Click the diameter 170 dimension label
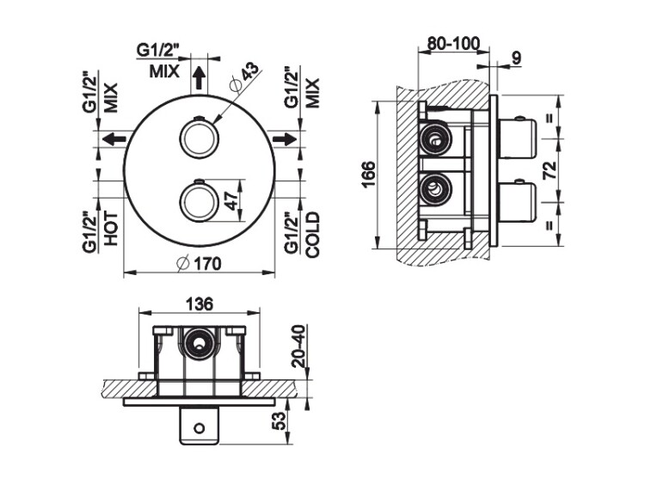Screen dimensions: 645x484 click(199, 264)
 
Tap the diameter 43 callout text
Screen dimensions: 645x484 click(246, 77)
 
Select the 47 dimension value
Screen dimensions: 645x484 click(232, 200)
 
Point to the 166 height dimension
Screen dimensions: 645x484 click(368, 175)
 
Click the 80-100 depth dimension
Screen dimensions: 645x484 click(453, 43)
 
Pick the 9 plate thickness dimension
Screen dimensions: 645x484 click(516, 58)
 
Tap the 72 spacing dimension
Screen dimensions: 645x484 click(550, 169)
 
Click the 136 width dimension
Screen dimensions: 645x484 click(200, 304)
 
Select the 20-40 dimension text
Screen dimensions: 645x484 click(299, 346)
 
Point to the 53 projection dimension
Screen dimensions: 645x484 click(279, 421)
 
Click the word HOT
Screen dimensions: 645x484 click(111, 229)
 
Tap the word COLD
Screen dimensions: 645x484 click(313, 235)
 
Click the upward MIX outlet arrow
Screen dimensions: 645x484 click(200, 77)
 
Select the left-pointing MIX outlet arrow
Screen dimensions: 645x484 click(114, 139)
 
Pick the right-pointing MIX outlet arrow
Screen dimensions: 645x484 click(285, 139)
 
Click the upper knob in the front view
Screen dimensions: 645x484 click(199, 138)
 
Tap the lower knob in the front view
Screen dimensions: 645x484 click(199, 201)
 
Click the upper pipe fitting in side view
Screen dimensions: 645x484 click(434, 140)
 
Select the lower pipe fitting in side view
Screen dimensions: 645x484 click(434, 189)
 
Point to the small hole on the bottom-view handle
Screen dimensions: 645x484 click(200, 428)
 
